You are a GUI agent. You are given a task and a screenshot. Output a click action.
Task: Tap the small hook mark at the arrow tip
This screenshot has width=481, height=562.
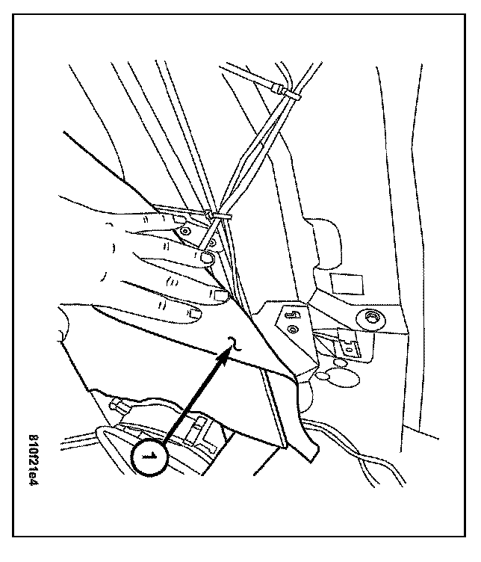tap(234, 345)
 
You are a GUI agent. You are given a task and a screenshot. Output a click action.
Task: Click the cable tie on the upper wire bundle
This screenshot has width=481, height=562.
tap(287, 93)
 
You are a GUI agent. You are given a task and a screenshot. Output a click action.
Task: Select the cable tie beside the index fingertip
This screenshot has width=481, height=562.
tap(218, 216)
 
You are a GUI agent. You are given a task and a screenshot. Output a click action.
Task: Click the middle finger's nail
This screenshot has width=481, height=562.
tap(207, 258)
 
